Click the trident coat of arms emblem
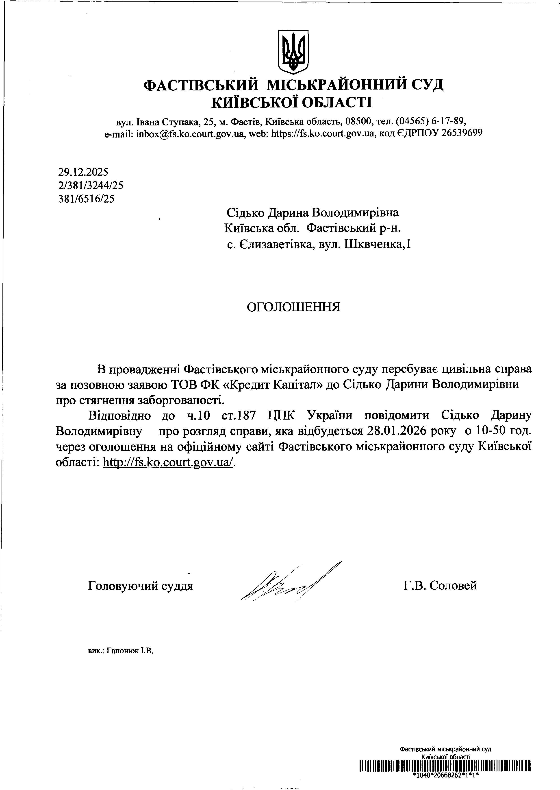tap(293, 52)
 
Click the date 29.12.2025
tap(83, 172)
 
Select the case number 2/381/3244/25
tap(91, 186)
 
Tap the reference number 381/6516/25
tap(87, 199)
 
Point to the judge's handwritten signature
tap(290, 583)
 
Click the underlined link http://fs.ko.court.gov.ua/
tap(169, 462)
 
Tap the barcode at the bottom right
tap(445, 766)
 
